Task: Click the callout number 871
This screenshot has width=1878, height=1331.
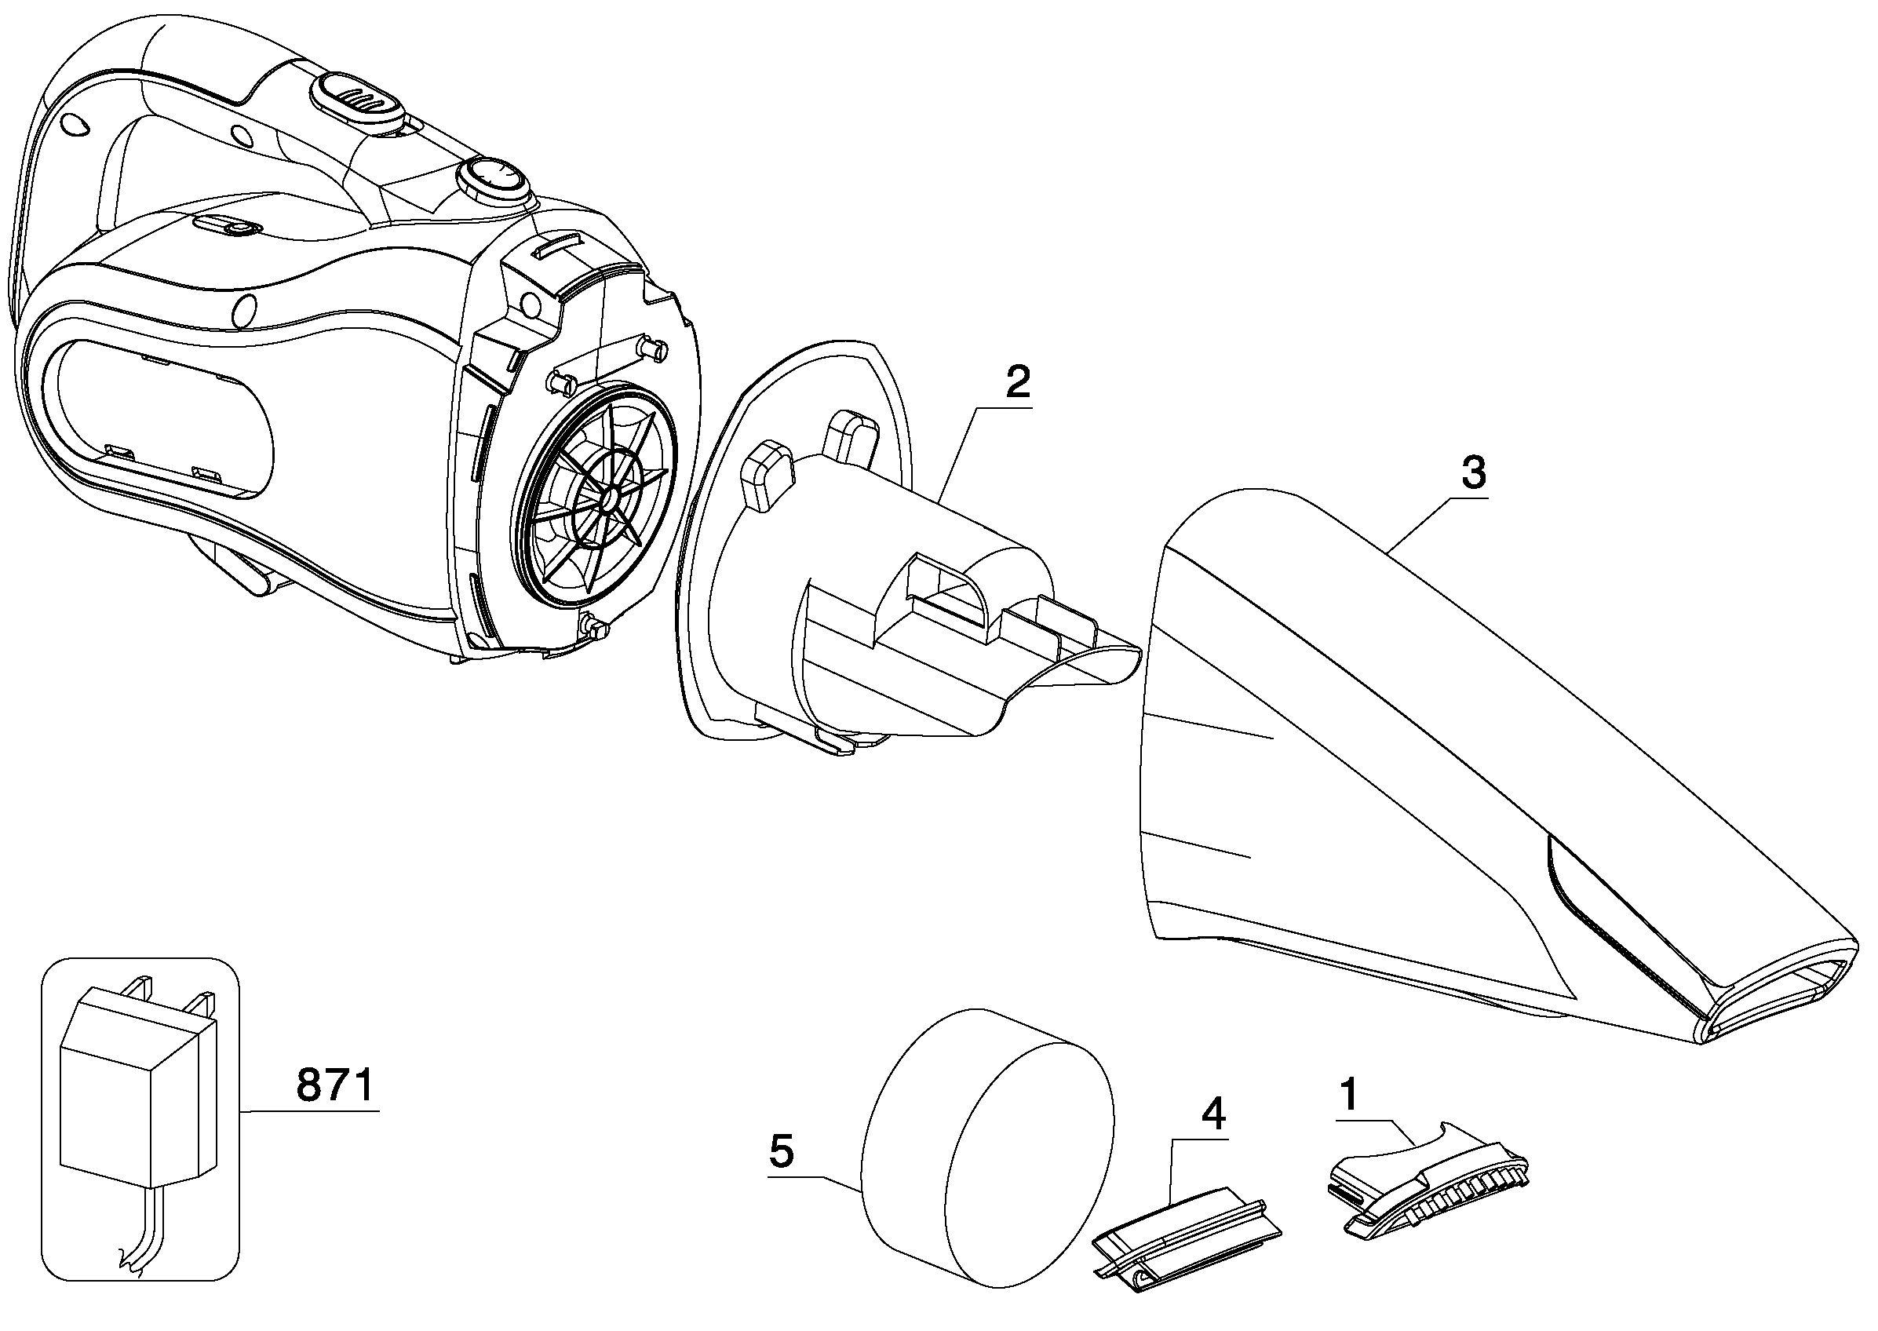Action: click(x=335, y=1086)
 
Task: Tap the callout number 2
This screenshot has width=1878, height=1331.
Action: click(x=1018, y=382)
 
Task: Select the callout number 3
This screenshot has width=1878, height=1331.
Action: click(x=1473, y=474)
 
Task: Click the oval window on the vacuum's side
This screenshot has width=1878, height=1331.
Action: click(x=161, y=419)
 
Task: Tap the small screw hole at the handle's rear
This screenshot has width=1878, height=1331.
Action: click(x=74, y=123)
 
